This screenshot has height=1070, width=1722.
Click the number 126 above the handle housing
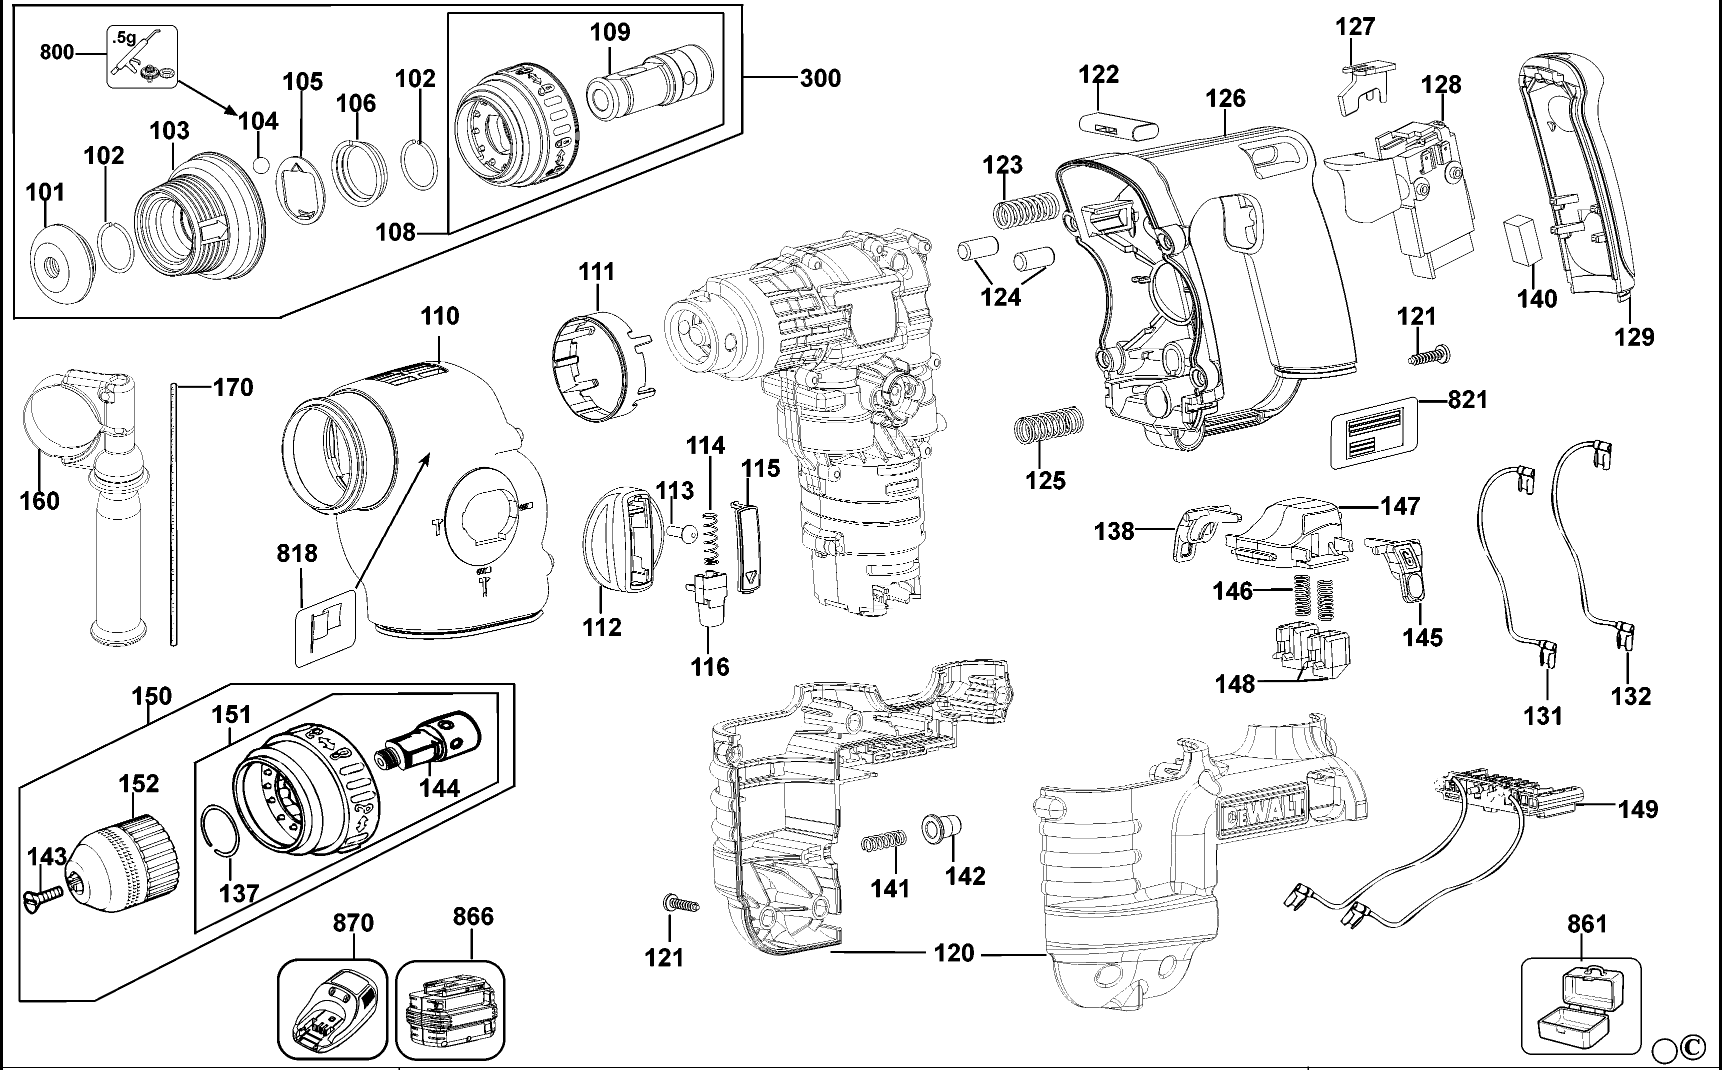tap(1225, 99)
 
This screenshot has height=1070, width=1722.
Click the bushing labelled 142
tap(941, 829)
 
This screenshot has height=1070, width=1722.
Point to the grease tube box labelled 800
tap(142, 57)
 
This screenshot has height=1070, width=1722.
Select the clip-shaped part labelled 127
tap(1362, 86)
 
